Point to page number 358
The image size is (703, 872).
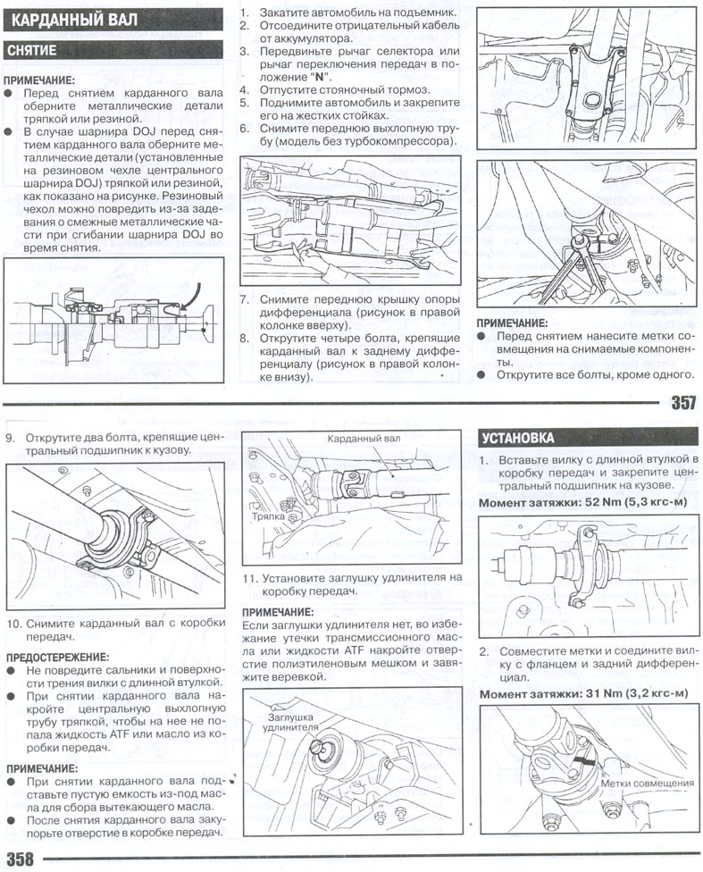pyautogui.click(x=20, y=859)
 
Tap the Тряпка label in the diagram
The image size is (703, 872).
pyautogui.click(x=268, y=516)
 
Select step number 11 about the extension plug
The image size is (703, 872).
pyautogui.click(x=250, y=577)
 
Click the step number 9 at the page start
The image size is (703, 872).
pyautogui.click(x=12, y=439)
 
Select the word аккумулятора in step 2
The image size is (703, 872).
pyautogui.click(x=303, y=39)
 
